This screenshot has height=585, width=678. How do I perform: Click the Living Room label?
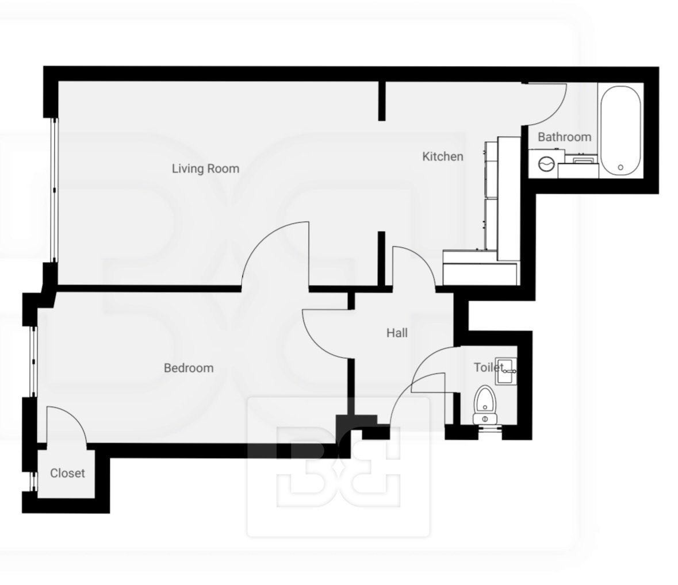tap(205, 168)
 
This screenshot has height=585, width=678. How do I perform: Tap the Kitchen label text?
tap(442, 156)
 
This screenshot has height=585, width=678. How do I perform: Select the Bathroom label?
tap(564, 137)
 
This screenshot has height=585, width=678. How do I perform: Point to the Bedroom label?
tap(189, 368)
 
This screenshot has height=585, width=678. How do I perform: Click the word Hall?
tap(397, 333)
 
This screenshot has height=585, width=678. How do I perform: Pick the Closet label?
tap(67, 473)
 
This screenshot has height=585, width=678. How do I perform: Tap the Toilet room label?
tap(489, 367)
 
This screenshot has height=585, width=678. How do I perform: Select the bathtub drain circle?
tap(621, 167)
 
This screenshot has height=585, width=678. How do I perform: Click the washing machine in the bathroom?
tap(546, 164)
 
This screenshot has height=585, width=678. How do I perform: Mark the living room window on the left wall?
tap(54, 190)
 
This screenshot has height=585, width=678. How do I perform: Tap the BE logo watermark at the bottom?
tap(338, 467)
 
